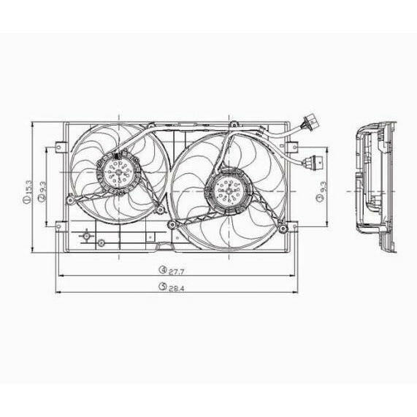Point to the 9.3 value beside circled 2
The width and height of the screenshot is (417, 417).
pos(43,191)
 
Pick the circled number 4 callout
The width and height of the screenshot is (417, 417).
pos(163,269)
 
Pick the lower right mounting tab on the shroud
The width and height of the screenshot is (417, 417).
pos(294,226)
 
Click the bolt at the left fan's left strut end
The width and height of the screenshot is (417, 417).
pos(69,199)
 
